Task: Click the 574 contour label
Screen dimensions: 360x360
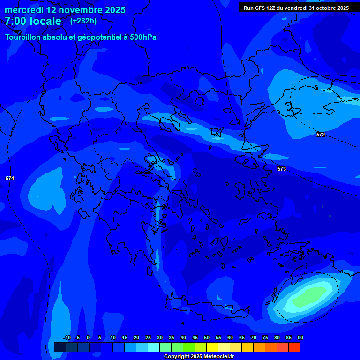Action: point(10,178)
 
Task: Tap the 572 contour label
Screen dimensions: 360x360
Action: point(321,135)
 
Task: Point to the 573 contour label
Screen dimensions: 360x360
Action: point(282,169)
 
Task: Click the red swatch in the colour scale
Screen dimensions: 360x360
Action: point(294,347)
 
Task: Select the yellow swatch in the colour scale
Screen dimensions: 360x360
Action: point(212,347)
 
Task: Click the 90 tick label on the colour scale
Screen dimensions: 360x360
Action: point(300,338)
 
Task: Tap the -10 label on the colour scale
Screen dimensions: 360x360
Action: point(67,338)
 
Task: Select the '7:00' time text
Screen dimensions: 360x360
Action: point(15,21)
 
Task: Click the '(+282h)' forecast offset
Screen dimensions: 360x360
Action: point(83,21)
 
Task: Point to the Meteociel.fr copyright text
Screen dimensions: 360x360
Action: point(199,357)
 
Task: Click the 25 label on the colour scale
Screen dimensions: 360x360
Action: point(148,338)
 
